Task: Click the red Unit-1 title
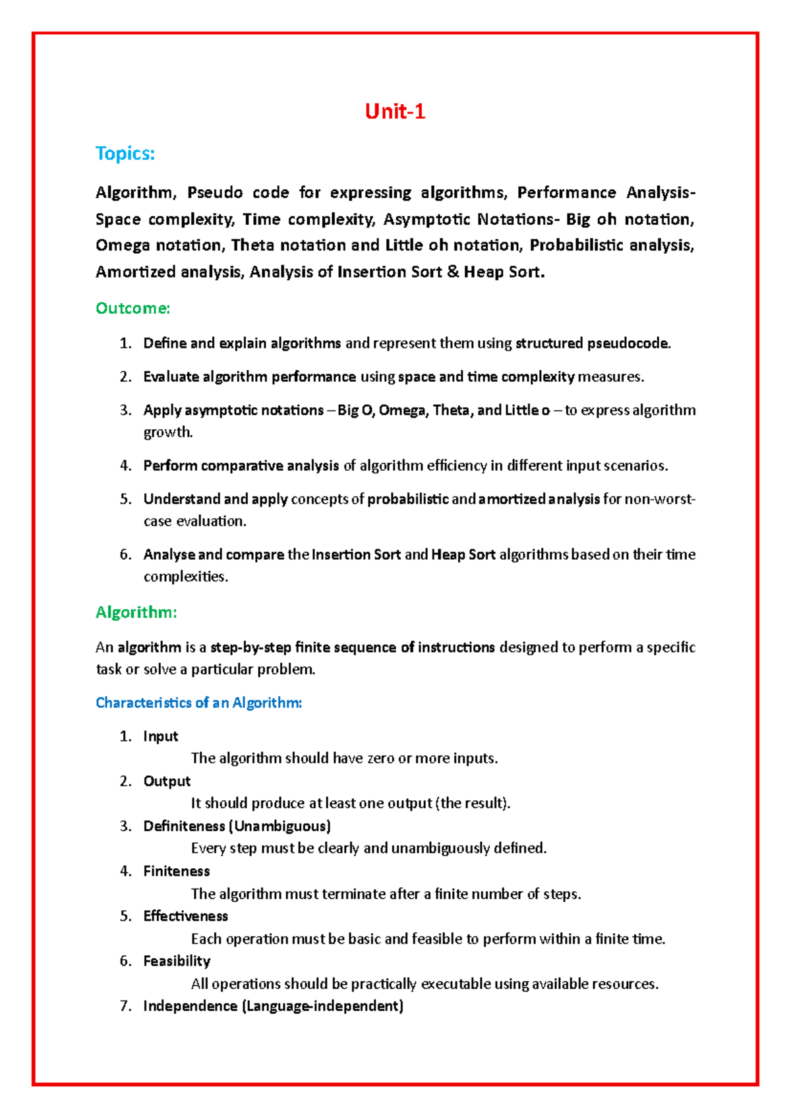[395, 111]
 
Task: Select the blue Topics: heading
[125, 154]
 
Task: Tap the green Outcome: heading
[132, 309]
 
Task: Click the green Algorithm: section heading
[136, 612]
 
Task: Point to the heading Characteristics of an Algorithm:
[198, 703]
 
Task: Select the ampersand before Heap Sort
[452, 272]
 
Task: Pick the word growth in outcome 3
[167, 432]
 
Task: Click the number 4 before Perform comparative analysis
[125, 466]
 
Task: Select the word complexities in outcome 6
[185, 577]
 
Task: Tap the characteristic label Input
[161, 736]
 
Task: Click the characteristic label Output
[167, 781]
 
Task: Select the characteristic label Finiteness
[176, 871]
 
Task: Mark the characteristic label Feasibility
[177, 961]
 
